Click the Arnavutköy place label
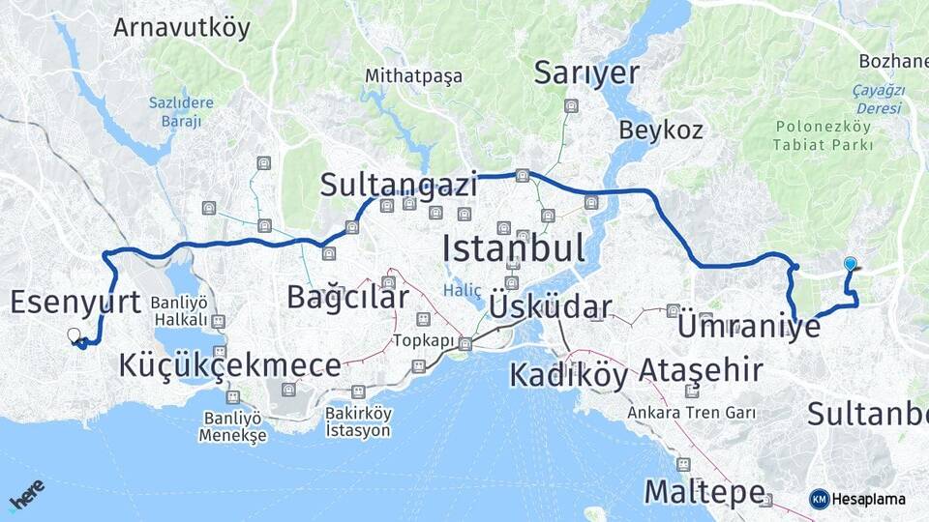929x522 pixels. point(182,27)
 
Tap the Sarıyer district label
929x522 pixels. point(587,72)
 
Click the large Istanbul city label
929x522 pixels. point(514,248)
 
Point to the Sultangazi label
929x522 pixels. point(400,185)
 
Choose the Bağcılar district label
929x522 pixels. point(347,297)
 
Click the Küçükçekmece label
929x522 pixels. point(229,365)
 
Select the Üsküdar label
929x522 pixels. point(551,307)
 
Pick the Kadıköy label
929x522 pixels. point(569,374)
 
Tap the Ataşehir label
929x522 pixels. point(701,369)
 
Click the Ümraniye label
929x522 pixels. point(749,326)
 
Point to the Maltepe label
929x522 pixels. point(704,491)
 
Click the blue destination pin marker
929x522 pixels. point(850,263)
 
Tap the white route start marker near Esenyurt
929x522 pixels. point(74,335)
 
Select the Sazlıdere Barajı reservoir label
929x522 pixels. point(175,112)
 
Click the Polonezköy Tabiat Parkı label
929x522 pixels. point(823,136)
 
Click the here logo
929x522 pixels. point(26,495)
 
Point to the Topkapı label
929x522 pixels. point(423,340)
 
